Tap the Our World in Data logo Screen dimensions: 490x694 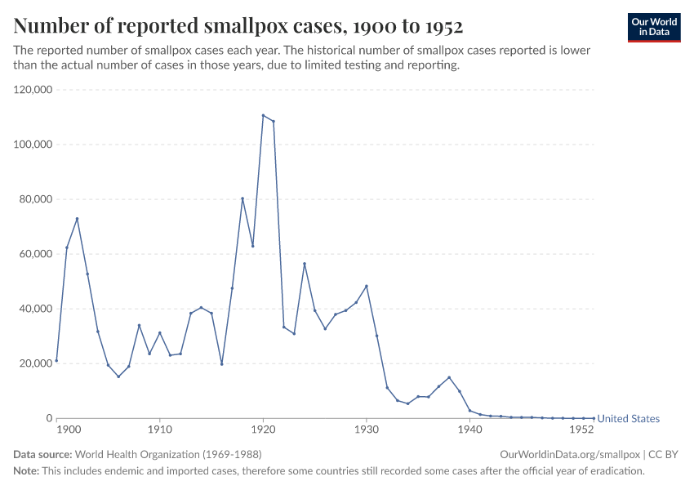click(x=653, y=27)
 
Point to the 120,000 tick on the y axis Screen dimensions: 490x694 click(x=33, y=90)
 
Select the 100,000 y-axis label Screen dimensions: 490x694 click(x=33, y=145)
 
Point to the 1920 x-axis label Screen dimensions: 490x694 click(x=263, y=429)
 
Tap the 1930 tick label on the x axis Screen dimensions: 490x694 click(x=367, y=429)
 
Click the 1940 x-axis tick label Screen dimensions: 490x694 click(x=469, y=429)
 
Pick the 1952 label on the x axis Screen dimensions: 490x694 click(x=581, y=429)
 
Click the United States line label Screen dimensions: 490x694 click(x=628, y=419)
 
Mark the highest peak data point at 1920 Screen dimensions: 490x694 click(x=263, y=115)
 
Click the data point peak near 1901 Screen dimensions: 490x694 click(x=77, y=219)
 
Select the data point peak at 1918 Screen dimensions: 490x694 click(x=242, y=198)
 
